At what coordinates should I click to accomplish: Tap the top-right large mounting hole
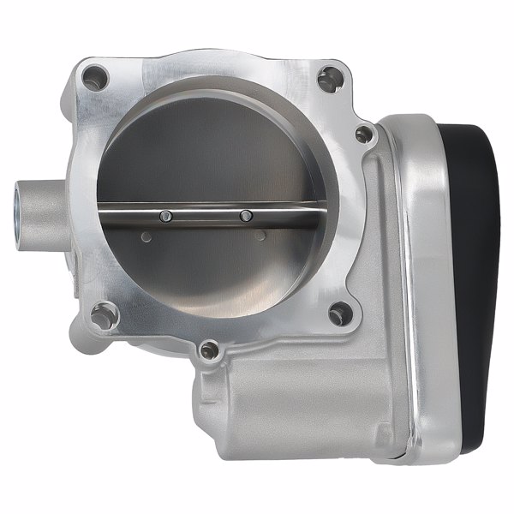[328, 80]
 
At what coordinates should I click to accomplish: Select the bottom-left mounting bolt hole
[105, 316]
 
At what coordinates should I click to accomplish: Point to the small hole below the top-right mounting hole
[363, 134]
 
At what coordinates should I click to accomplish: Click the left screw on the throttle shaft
[167, 215]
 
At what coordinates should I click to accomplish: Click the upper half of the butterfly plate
[214, 154]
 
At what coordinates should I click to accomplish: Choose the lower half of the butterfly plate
[214, 266]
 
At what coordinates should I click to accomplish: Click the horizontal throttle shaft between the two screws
[206, 214]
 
